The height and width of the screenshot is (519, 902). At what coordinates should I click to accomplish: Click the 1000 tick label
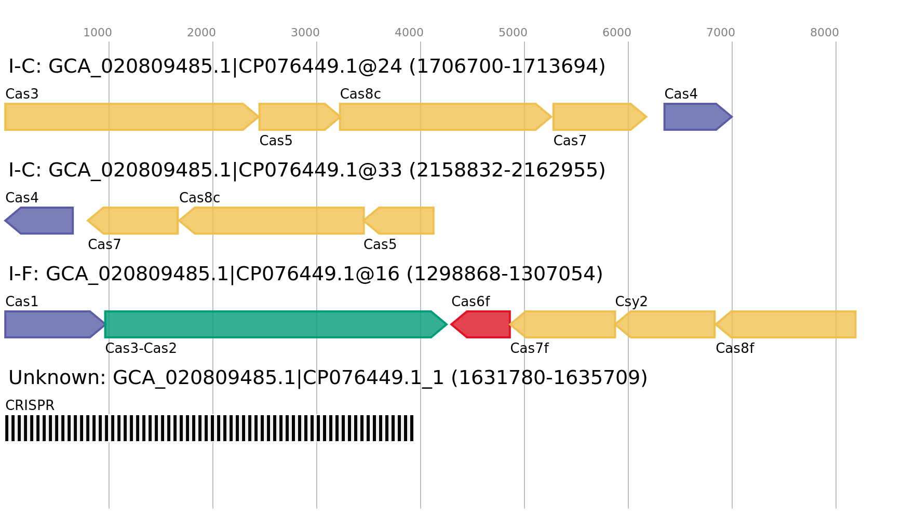point(98,33)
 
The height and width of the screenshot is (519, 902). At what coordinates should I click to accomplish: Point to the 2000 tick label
point(201,33)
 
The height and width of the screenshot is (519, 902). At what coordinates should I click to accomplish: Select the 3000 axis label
point(305,33)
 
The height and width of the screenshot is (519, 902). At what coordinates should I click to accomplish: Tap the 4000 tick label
point(409,33)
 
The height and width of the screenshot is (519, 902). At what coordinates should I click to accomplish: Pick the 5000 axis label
point(513,33)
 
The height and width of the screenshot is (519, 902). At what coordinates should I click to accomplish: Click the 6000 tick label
point(617,33)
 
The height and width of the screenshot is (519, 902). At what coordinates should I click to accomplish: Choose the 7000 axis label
point(721,33)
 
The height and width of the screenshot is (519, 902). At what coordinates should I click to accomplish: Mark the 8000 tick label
point(825,33)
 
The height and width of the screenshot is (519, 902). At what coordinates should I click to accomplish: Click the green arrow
point(270,324)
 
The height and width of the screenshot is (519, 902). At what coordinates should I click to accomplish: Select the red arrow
point(482,324)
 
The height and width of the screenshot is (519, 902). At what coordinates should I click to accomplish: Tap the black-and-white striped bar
point(209,428)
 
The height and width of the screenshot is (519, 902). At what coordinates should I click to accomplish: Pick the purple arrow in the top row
point(696,117)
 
